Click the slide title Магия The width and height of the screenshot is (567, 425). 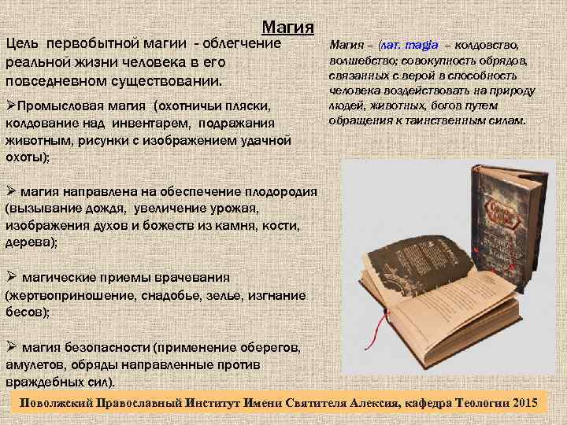pyautogui.click(x=287, y=28)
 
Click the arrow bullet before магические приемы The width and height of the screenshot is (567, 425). pyautogui.click(x=11, y=277)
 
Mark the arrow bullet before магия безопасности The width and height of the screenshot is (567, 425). pyautogui.click(x=11, y=346)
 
